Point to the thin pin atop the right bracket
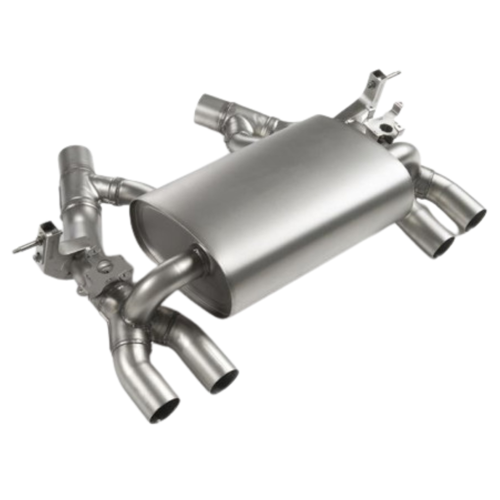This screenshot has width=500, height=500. (x=395, y=73)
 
